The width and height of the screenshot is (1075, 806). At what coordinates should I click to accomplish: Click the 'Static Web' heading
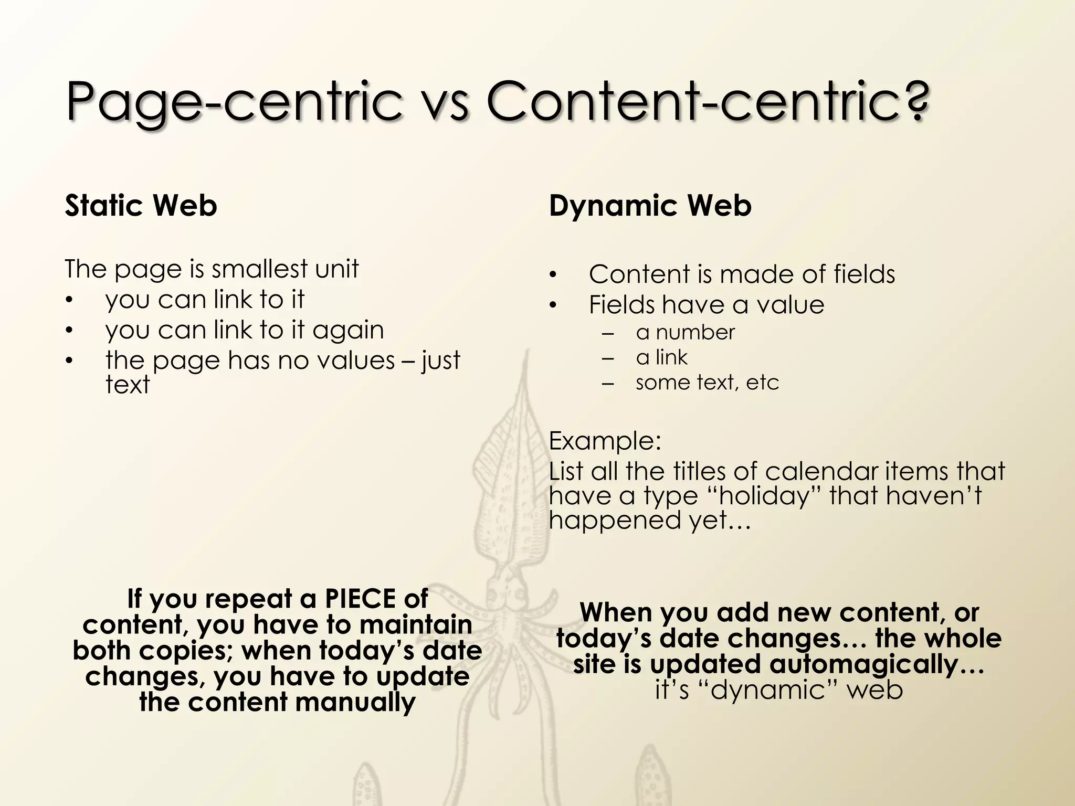(x=141, y=205)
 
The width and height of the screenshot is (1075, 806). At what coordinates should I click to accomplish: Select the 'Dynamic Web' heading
(x=650, y=205)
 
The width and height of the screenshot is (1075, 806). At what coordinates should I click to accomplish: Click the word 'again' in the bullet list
(x=349, y=331)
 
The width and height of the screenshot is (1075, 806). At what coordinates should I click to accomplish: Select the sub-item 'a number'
(x=685, y=333)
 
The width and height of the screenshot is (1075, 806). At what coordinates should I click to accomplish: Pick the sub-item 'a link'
(x=661, y=358)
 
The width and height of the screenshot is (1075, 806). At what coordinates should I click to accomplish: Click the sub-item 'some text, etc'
(x=707, y=383)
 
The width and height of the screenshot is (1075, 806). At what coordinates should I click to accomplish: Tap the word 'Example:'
(x=605, y=441)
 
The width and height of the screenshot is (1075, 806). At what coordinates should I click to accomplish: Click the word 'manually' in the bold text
(x=356, y=703)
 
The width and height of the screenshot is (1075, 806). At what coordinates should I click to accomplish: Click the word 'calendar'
(x=821, y=471)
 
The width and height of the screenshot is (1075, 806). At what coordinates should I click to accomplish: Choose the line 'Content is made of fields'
(x=742, y=274)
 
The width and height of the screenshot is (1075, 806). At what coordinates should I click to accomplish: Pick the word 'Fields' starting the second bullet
(x=621, y=305)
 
